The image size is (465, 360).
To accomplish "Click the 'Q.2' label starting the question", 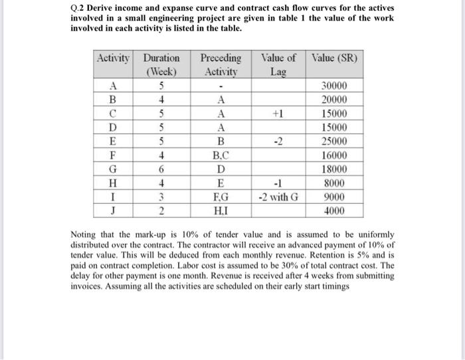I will [x=79, y=8].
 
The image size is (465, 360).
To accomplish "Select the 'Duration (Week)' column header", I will [x=161, y=64].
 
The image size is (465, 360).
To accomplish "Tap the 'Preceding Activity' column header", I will [x=221, y=64].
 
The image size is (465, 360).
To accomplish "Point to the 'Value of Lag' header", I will [x=278, y=64].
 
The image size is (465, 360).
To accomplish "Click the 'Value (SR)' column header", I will [x=334, y=58].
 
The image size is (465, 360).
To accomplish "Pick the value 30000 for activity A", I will [x=333, y=86].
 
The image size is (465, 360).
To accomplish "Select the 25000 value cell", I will [x=333, y=141].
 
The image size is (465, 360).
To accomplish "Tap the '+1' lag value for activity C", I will [x=278, y=114].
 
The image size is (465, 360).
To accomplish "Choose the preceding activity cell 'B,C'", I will [x=221, y=155].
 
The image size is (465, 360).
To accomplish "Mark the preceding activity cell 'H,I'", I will [x=221, y=211].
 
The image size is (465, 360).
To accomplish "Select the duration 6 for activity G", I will [x=161, y=169].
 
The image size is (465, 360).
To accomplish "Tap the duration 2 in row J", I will [x=161, y=211].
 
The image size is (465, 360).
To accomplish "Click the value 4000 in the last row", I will [x=333, y=211].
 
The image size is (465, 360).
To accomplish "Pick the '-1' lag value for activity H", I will [x=278, y=183].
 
